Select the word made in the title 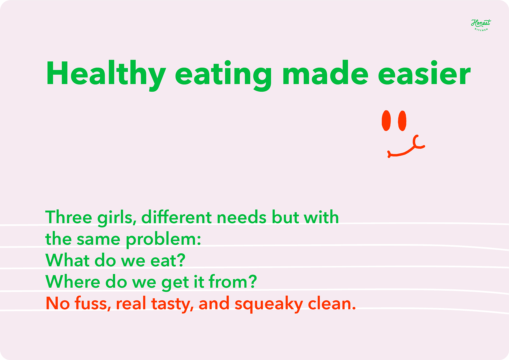coord(325,73)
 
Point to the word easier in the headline coord(424,73)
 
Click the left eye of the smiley coord(386,121)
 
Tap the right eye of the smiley coord(402,121)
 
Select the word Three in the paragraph coord(69,217)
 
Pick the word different coord(177,217)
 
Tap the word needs coord(242,217)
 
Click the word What coord(67,260)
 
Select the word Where coord(73,282)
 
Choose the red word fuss coord(93,303)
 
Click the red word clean coord(332,303)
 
